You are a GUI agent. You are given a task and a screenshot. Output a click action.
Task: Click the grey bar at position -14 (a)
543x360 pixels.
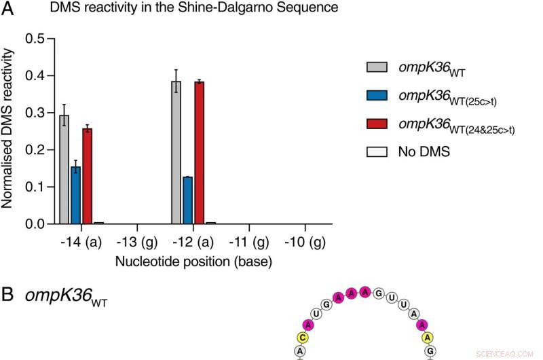[x=64, y=169]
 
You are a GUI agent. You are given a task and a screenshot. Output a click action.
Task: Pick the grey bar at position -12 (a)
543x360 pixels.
[x=176, y=152]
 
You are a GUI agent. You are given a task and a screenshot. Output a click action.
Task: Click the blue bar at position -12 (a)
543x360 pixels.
[x=187, y=200]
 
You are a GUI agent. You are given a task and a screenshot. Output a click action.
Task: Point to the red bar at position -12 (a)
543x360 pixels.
[x=198, y=152]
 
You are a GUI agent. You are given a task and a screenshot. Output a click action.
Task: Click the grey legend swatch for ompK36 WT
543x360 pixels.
[x=376, y=67]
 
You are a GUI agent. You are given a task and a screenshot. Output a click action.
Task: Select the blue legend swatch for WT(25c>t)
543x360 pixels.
[x=376, y=94]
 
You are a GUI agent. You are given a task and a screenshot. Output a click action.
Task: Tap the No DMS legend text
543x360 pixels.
[x=424, y=151]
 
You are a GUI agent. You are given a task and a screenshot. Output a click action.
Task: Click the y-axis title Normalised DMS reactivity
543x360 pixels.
[x=12, y=131]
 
